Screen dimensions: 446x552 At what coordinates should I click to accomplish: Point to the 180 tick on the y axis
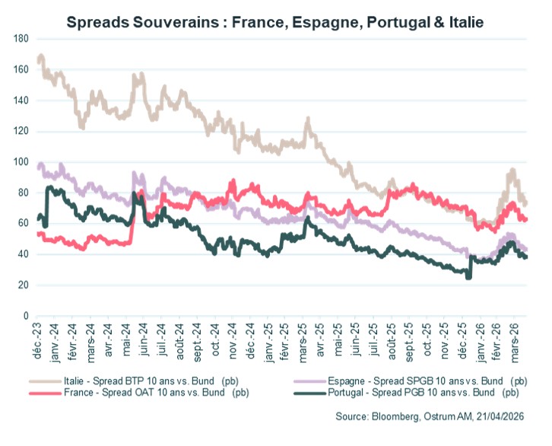point(21,38)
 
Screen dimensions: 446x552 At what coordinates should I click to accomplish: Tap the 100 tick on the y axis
point(21,161)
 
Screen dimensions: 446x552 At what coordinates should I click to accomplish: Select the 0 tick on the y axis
point(25,315)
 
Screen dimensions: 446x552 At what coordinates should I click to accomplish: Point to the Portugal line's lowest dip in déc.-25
point(468,277)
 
